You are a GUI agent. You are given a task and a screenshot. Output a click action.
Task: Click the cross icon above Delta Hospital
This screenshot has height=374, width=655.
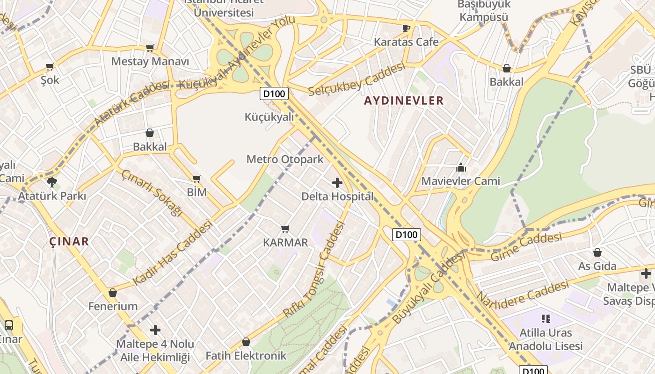point(337,182)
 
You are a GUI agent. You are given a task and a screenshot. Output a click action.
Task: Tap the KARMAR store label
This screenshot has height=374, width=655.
point(285,243)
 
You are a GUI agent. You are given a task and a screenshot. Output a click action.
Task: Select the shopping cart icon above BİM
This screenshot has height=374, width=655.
point(197,179)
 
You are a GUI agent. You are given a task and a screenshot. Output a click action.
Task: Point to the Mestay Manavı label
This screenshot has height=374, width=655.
point(150,61)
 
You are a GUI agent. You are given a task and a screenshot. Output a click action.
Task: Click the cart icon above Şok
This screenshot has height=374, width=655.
point(50,66)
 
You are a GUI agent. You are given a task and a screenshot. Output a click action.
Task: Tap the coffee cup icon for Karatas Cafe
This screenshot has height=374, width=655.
point(406,28)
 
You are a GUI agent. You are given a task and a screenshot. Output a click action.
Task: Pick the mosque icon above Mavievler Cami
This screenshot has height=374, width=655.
point(461,167)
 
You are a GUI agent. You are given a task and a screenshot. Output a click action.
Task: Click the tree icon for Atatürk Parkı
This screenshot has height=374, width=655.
point(51,182)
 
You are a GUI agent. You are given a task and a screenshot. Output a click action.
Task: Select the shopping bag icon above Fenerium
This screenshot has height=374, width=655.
point(113,293)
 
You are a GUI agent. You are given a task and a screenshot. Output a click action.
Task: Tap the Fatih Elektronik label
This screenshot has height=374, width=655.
point(246,356)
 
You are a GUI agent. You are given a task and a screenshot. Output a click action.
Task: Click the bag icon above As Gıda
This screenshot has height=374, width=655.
point(597,252)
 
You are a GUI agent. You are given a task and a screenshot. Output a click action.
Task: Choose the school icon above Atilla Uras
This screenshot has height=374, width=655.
point(546,319)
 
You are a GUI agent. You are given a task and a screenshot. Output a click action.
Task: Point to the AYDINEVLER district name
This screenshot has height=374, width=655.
point(404,101)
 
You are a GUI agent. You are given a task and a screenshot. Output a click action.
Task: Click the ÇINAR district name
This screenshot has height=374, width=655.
point(69,241)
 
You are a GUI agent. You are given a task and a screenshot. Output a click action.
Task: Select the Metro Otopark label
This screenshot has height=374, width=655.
point(285,159)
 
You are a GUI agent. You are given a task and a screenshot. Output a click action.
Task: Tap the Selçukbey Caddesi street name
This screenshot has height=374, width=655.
point(357,79)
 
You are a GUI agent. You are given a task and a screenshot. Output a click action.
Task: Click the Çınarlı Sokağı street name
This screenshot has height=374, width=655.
point(151,193)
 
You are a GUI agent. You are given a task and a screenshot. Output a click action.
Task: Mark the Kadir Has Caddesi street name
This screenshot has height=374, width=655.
point(173,252)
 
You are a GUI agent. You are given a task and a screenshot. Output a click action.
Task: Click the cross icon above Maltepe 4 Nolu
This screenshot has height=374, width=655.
point(155,330)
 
